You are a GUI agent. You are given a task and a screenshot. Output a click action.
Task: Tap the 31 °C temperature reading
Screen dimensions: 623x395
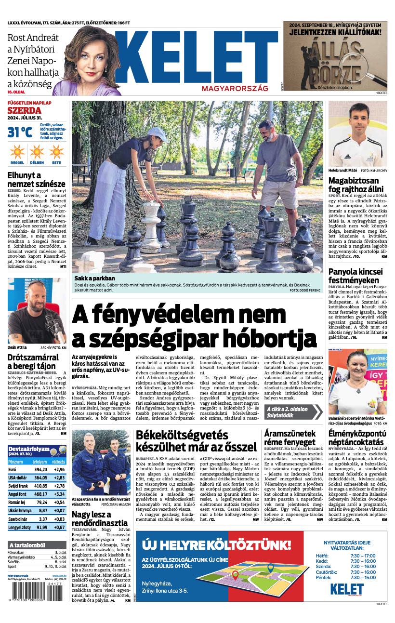point(20,132)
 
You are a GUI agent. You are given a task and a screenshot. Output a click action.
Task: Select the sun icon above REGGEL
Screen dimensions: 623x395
point(17,151)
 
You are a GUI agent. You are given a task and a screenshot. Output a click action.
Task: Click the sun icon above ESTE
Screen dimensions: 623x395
point(56,151)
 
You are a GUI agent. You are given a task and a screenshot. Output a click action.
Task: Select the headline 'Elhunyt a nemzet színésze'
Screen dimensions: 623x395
point(36,179)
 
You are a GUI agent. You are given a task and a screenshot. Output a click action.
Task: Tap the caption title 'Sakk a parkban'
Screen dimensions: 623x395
point(95,278)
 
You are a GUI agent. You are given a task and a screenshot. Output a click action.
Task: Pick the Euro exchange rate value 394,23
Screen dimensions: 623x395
point(40,469)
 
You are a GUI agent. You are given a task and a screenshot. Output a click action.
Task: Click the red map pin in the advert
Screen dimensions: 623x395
point(236,574)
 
